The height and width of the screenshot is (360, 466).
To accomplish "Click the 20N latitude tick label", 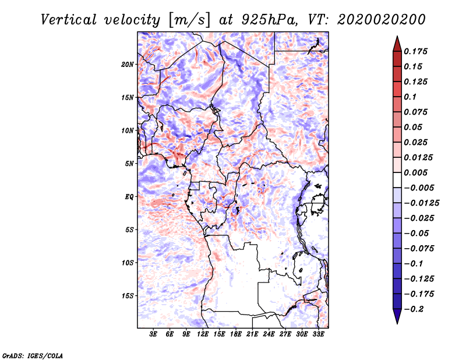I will [128, 64].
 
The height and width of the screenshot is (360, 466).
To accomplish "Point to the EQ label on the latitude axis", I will [129, 196].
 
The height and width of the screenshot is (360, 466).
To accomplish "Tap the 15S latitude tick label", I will [128, 295].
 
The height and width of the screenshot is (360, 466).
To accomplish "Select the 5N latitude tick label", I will [129, 163].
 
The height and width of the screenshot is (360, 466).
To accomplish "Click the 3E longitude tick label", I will [154, 334].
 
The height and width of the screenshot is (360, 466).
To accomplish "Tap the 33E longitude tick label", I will [318, 334].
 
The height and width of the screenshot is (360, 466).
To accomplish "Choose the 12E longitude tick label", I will [203, 334].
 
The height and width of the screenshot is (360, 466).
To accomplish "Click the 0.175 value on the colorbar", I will [417, 51].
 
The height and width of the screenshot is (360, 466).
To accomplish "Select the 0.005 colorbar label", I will [417, 172].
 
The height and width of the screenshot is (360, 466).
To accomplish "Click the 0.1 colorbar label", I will [412, 97].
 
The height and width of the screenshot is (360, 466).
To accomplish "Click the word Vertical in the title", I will [68, 19].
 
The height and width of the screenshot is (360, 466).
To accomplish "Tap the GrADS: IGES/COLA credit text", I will [32, 355].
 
